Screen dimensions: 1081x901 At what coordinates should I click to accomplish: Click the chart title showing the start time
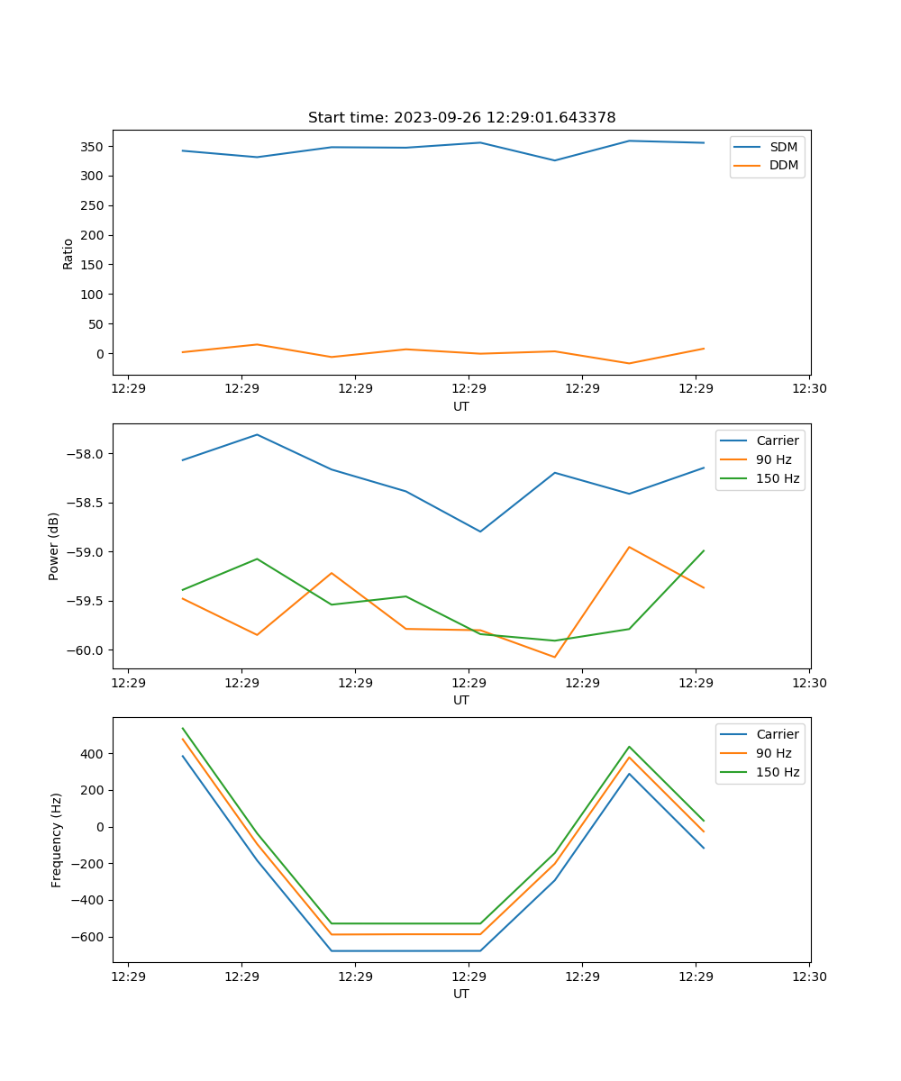(x=461, y=118)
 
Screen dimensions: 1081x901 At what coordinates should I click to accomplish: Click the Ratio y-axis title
(x=68, y=254)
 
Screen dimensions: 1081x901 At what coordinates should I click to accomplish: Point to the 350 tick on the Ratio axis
(x=93, y=147)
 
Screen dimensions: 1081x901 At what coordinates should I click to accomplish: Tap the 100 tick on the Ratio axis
(x=93, y=295)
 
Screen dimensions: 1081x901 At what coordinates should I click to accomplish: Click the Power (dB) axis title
(x=54, y=546)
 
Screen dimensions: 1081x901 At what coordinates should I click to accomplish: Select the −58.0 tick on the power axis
(x=87, y=454)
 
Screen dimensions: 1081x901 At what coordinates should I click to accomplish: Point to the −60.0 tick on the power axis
(x=87, y=650)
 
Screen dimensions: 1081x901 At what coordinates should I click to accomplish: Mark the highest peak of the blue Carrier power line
(x=257, y=435)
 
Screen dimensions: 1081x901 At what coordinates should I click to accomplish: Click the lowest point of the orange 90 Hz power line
(x=554, y=657)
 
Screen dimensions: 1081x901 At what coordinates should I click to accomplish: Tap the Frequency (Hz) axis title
(x=57, y=840)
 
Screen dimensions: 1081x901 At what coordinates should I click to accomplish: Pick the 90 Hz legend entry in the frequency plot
(x=773, y=753)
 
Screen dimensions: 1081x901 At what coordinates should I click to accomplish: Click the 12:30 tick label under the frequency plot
(x=809, y=977)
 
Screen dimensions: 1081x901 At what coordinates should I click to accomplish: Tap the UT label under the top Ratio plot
(x=461, y=406)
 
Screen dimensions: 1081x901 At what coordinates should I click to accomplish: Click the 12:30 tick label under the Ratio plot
(x=809, y=389)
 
